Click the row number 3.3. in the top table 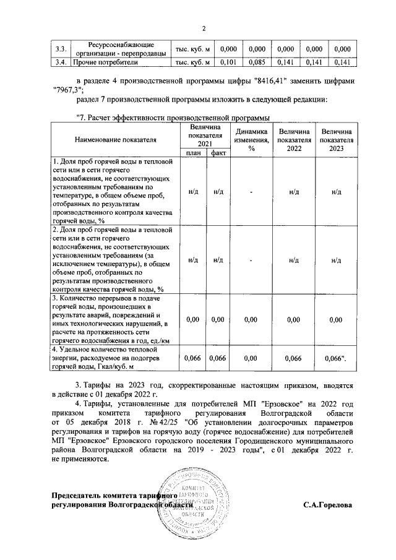[x=60, y=49]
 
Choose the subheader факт [x=217, y=153]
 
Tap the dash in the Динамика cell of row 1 [x=251, y=192]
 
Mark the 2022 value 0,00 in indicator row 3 [x=294, y=319]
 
